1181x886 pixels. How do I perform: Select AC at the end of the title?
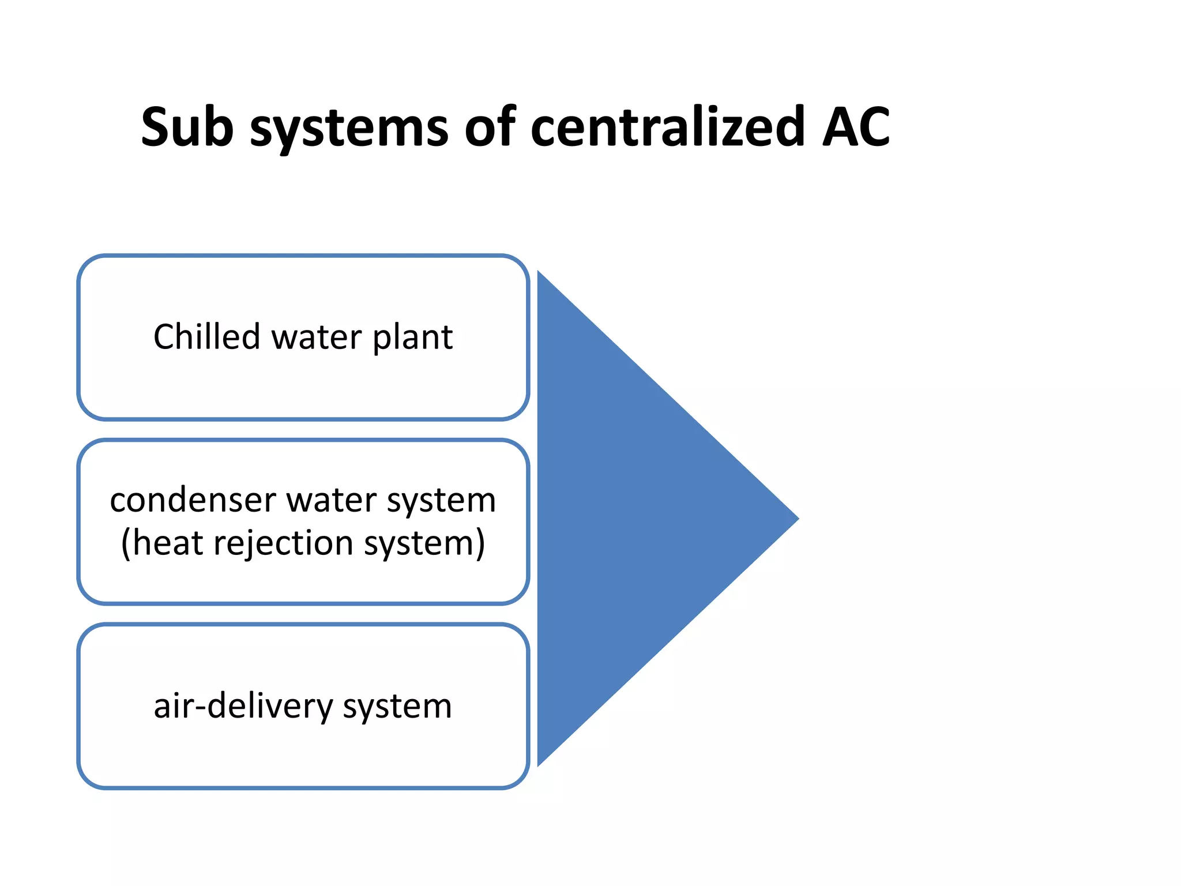[x=856, y=127]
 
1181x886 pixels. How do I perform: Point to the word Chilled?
[x=206, y=337]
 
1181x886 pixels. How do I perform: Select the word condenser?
[x=193, y=500]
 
